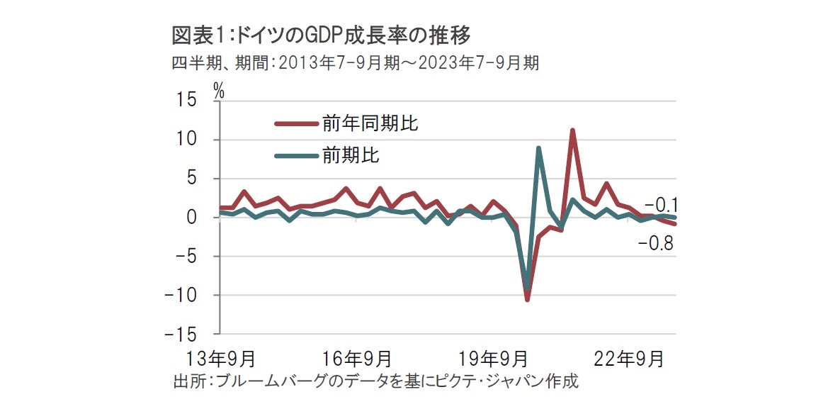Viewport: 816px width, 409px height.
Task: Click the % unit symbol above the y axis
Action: (219, 90)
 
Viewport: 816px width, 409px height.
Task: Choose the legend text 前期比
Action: (351, 155)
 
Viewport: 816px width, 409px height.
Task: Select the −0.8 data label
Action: (655, 245)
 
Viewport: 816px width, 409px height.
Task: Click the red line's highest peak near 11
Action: (572, 130)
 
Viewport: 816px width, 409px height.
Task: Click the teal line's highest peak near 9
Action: (539, 148)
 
